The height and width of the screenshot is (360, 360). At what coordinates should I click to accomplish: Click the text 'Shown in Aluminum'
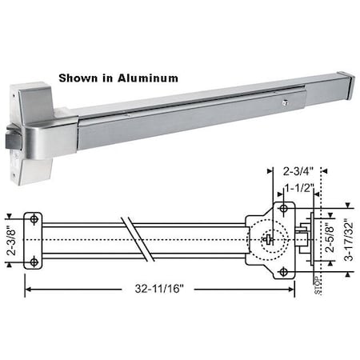click(x=118, y=78)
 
